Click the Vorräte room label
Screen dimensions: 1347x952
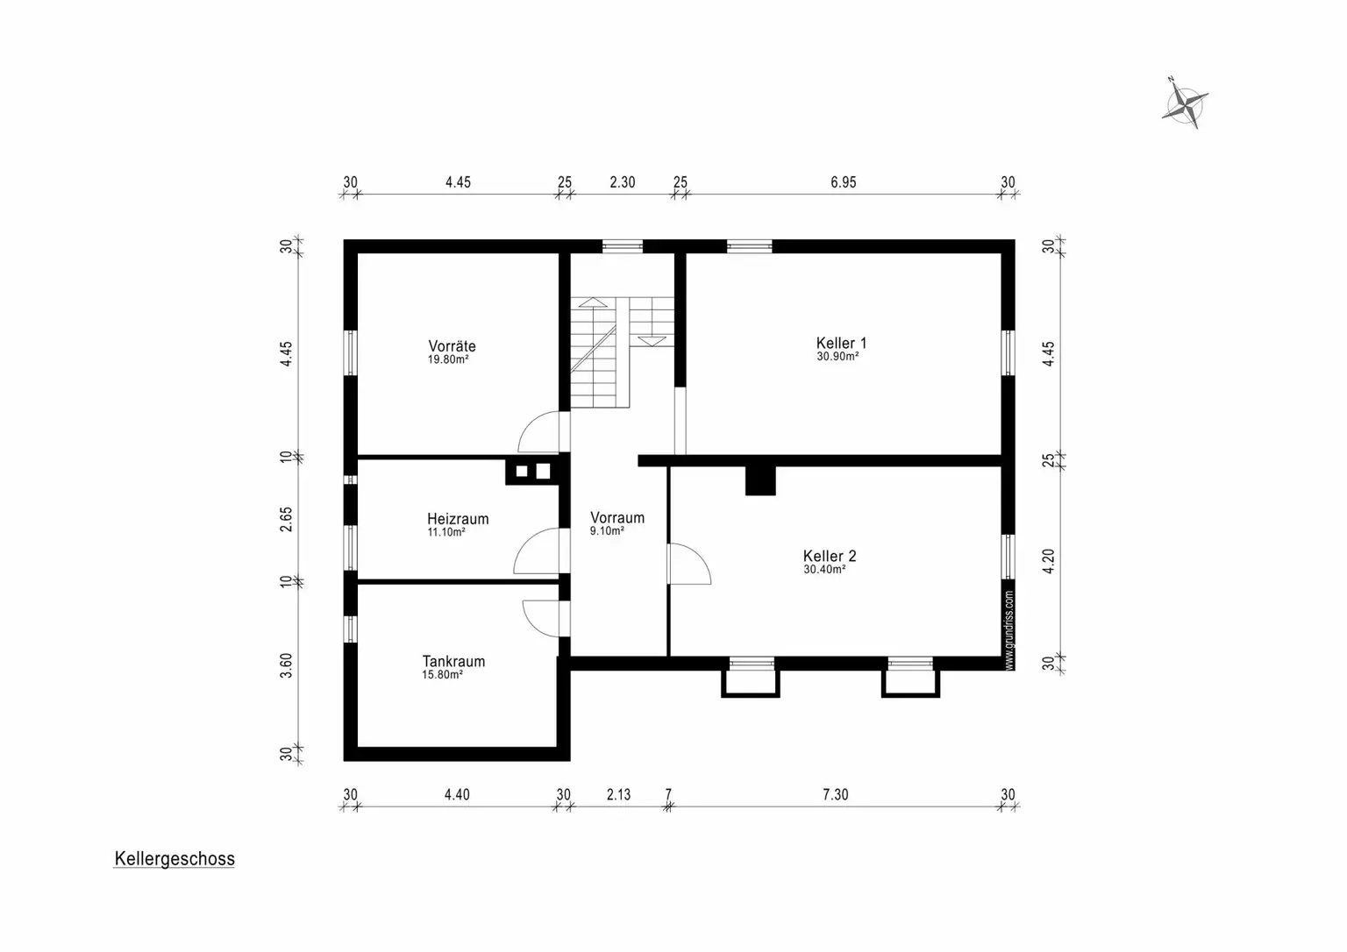coord(452,346)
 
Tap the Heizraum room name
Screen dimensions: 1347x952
coord(458,519)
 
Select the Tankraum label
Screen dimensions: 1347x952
coord(453,661)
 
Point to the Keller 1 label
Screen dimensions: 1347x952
coord(841,343)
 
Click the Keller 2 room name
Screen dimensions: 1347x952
coord(830,556)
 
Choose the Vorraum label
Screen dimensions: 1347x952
coord(617,517)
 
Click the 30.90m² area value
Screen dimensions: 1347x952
coord(837,357)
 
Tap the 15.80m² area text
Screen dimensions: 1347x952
coord(442,675)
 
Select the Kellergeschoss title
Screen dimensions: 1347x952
coord(175,859)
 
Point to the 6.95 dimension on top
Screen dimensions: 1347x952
coord(843,182)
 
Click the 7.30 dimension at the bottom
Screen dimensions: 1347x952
coord(835,794)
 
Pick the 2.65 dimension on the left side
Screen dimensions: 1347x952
coord(286,519)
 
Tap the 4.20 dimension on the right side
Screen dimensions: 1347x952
coord(1048,561)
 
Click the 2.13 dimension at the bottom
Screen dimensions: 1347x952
coord(618,794)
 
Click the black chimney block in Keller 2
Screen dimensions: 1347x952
coord(760,480)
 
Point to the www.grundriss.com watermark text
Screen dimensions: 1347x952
coord(1009,630)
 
